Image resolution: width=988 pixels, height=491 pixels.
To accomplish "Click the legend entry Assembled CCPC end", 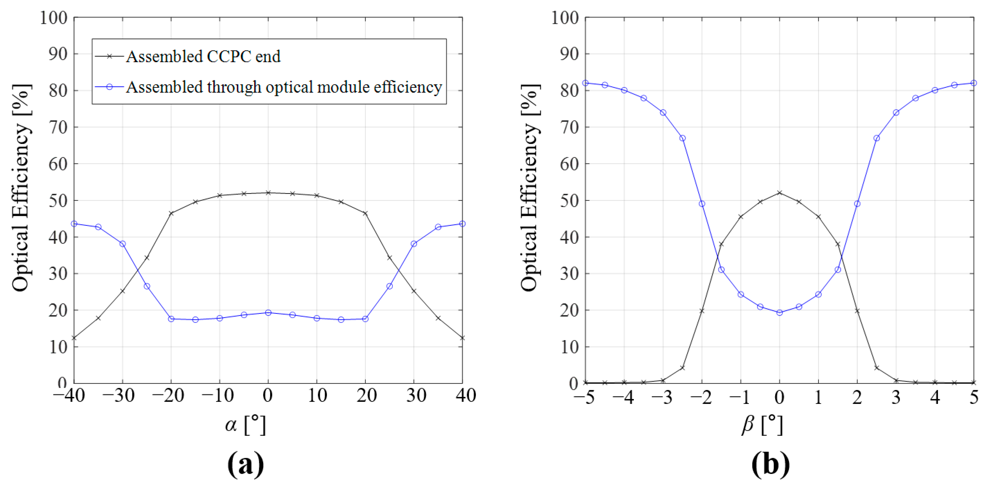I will coord(203,57).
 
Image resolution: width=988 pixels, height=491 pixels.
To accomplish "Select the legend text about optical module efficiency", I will coord(284,87).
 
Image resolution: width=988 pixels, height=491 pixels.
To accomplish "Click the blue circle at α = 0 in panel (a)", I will coord(268,313).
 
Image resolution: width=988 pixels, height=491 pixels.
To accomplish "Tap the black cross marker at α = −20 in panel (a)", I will coord(171,213).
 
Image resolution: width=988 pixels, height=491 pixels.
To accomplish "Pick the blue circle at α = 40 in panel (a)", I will coord(462,224).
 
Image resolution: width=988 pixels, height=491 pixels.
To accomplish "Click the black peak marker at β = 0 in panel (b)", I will coord(779,193).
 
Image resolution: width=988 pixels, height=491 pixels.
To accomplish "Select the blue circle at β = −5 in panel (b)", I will coord(585,83).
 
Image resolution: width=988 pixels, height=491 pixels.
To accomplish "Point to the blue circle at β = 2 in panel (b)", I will coord(857,204).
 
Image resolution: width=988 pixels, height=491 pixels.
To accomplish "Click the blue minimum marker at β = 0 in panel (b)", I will coord(779,313).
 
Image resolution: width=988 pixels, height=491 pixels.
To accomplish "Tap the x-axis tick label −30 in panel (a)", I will coord(119,396).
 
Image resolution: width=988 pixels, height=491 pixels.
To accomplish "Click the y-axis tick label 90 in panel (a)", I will coord(58,54).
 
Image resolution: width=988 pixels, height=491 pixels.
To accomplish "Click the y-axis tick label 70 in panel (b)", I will coord(569,127).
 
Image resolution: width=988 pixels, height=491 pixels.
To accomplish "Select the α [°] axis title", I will coord(245,425).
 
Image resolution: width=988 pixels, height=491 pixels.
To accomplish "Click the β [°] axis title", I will coord(762,425).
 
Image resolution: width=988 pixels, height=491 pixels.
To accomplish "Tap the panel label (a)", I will coord(245,464).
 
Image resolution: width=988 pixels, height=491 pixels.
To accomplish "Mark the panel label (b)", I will coord(770,464).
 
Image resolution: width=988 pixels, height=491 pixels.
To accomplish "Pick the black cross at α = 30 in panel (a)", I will coord(413,291).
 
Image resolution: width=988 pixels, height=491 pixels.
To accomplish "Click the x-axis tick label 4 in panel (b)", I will coord(935,397).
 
